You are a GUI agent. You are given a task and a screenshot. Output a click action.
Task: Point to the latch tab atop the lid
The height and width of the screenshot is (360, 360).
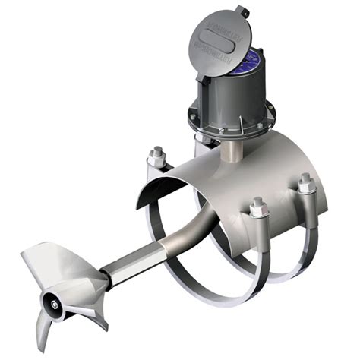[241, 11]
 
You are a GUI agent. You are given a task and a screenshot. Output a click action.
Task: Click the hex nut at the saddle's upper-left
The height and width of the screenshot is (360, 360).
[157, 157]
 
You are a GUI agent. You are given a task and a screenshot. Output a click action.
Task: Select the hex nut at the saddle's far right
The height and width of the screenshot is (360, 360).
[305, 184]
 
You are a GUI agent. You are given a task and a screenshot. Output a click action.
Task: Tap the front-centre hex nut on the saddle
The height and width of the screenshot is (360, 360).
[257, 207]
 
